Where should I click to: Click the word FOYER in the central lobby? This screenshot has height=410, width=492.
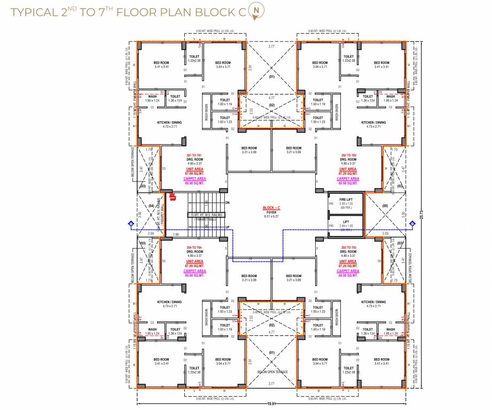[x=272, y=211]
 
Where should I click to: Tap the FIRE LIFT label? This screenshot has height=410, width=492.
[x=346, y=199]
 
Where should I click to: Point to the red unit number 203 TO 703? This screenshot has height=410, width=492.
[x=348, y=247]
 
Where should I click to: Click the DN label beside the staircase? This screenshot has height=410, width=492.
[x=227, y=203]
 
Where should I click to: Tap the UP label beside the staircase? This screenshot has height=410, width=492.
[x=227, y=227]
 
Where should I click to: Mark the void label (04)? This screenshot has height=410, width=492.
[x=151, y=206]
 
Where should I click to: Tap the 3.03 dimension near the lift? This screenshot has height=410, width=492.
[x=386, y=233]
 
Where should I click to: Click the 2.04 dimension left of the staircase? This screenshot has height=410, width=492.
[x=150, y=233]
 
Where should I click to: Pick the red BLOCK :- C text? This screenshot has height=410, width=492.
[x=272, y=207]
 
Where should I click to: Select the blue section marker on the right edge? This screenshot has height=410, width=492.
[x=412, y=224]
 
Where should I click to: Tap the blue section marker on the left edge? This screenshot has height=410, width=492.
[x=130, y=224]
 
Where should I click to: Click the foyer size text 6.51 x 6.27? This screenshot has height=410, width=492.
[x=272, y=216]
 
